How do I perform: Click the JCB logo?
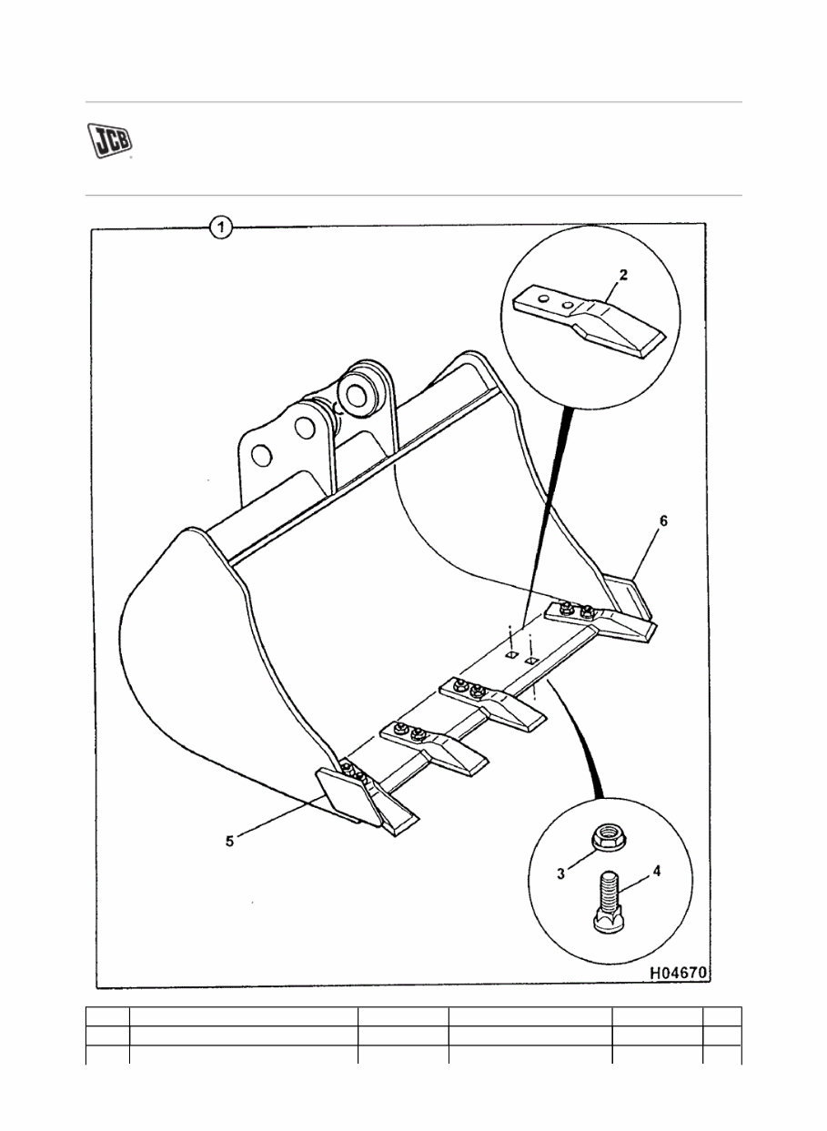click(109, 140)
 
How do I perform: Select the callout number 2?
click(622, 274)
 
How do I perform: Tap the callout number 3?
click(561, 873)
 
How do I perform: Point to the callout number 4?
click(656, 871)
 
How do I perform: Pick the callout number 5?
click(230, 841)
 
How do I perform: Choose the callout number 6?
click(663, 520)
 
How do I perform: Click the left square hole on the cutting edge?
click(511, 654)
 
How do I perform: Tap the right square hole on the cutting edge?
click(533, 660)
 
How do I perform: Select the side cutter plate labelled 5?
click(344, 792)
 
